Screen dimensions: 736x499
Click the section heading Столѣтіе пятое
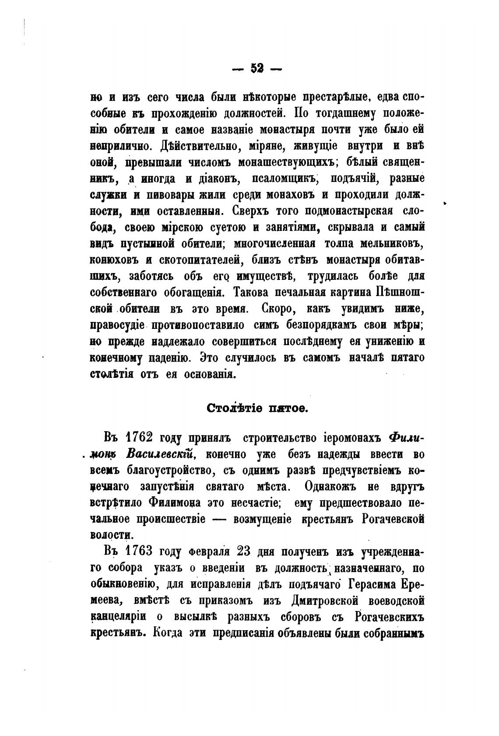coord(258,408)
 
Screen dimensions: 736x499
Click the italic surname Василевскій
coord(159,454)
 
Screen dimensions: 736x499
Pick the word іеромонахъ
coord(339,438)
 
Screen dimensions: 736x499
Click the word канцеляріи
coord(119,617)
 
